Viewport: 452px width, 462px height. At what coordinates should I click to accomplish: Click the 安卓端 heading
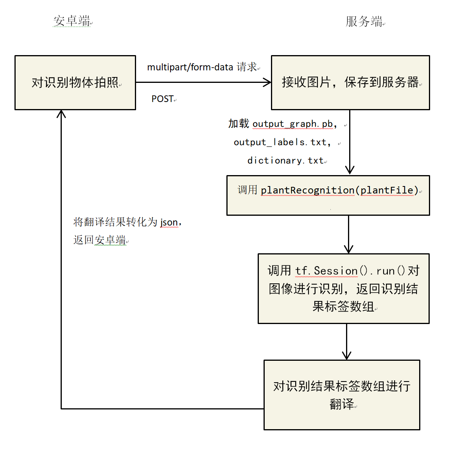(x=72, y=21)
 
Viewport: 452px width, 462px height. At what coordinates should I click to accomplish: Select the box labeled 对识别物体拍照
(x=75, y=82)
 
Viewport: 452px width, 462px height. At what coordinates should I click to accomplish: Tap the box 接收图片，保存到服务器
(x=350, y=82)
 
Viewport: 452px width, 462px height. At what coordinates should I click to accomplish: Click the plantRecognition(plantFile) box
(x=328, y=195)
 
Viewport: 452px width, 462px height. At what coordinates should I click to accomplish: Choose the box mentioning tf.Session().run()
(x=343, y=288)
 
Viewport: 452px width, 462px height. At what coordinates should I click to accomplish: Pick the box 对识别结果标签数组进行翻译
(x=342, y=395)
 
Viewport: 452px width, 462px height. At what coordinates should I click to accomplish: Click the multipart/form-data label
(x=190, y=67)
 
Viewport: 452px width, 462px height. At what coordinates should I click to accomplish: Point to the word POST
(x=162, y=99)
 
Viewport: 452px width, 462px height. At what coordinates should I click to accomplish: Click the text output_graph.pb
(x=292, y=124)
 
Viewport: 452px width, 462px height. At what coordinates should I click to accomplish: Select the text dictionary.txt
(x=285, y=160)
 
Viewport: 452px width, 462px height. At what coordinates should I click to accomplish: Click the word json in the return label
(x=169, y=222)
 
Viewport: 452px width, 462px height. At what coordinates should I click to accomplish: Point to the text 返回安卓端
(x=100, y=240)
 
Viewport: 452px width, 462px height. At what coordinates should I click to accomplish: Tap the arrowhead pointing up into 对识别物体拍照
(x=61, y=114)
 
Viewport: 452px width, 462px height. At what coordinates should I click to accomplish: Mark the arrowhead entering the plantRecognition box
(x=350, y=170)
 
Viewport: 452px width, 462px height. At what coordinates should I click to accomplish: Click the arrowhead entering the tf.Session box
(x=348, y=249)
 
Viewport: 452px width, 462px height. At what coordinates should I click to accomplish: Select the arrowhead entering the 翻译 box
(x=346, y=355)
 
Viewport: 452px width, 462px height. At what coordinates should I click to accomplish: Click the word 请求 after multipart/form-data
(x=247, y=67)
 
